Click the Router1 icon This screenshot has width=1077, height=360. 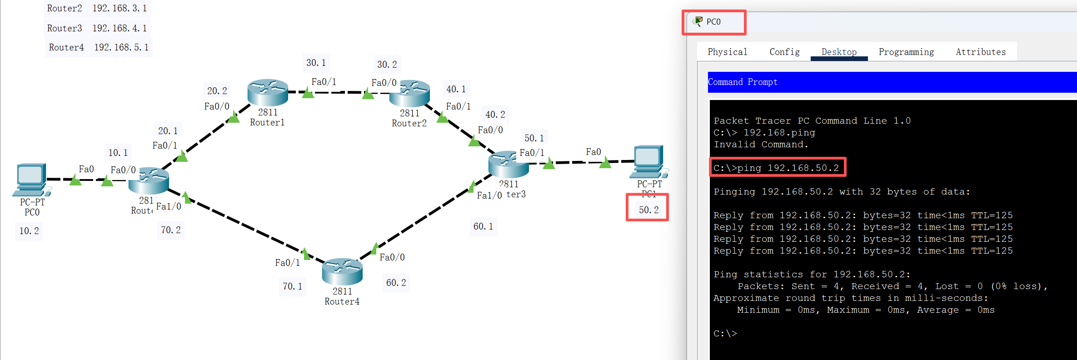pos(268,92)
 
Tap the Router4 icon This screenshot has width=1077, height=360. pos(342,271)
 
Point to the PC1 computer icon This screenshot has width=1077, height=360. pos(648,161)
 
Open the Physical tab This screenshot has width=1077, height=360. pos(727,52)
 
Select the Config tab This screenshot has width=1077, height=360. pos(784,52)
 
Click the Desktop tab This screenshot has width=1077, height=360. pos(839,52)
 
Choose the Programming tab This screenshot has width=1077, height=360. pos(906,52)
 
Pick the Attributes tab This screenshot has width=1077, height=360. pos(981,52)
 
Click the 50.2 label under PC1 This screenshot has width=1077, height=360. pos(648,210)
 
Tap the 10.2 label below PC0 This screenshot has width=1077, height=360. pos(29,231)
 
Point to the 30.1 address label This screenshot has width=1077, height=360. pos(316,63)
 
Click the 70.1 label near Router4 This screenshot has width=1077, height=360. pos(292,286)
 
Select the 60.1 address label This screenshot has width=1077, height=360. pos(483,226)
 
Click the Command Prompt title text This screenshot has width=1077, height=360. pos(743,82)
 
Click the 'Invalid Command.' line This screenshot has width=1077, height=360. pos(761,145)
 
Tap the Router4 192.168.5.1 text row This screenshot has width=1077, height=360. pos(99,47)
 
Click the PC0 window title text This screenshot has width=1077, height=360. pos(713,22)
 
